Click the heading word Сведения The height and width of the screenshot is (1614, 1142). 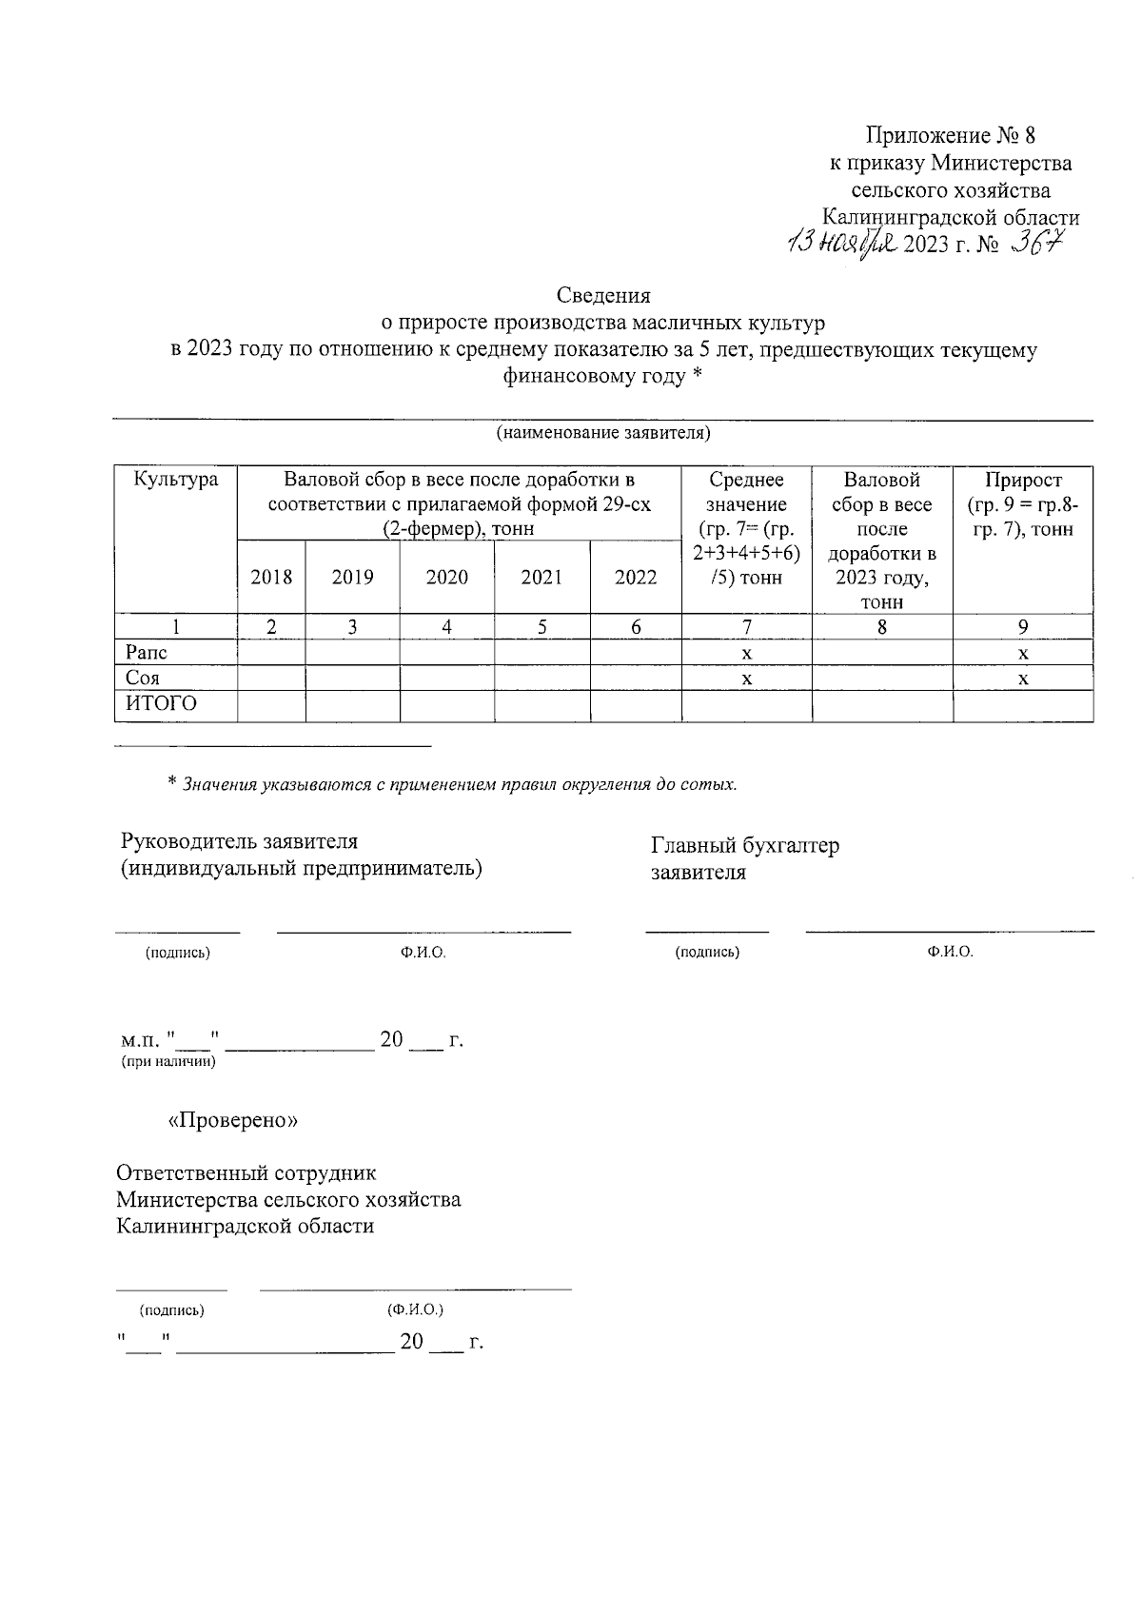click(603, 296)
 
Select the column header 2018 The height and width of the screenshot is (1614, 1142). click(271, 578)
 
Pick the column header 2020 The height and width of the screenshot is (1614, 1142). click(446, 578)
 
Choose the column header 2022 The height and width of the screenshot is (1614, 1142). click(636, 578)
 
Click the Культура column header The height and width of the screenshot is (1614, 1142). click(176, 480)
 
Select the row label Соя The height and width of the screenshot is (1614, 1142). click(143, 679)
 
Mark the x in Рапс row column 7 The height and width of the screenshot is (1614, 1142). click(747, 654)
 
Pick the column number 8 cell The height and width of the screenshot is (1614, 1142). click(882, 627)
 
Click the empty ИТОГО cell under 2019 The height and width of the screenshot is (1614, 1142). click(352, 705)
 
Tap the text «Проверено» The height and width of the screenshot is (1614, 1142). click(233, 1121)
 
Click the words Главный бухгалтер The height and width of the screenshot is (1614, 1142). click(744, 845)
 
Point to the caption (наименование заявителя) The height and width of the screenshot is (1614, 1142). click(603, 434)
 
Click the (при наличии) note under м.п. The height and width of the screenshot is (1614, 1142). click(168, 1061)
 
